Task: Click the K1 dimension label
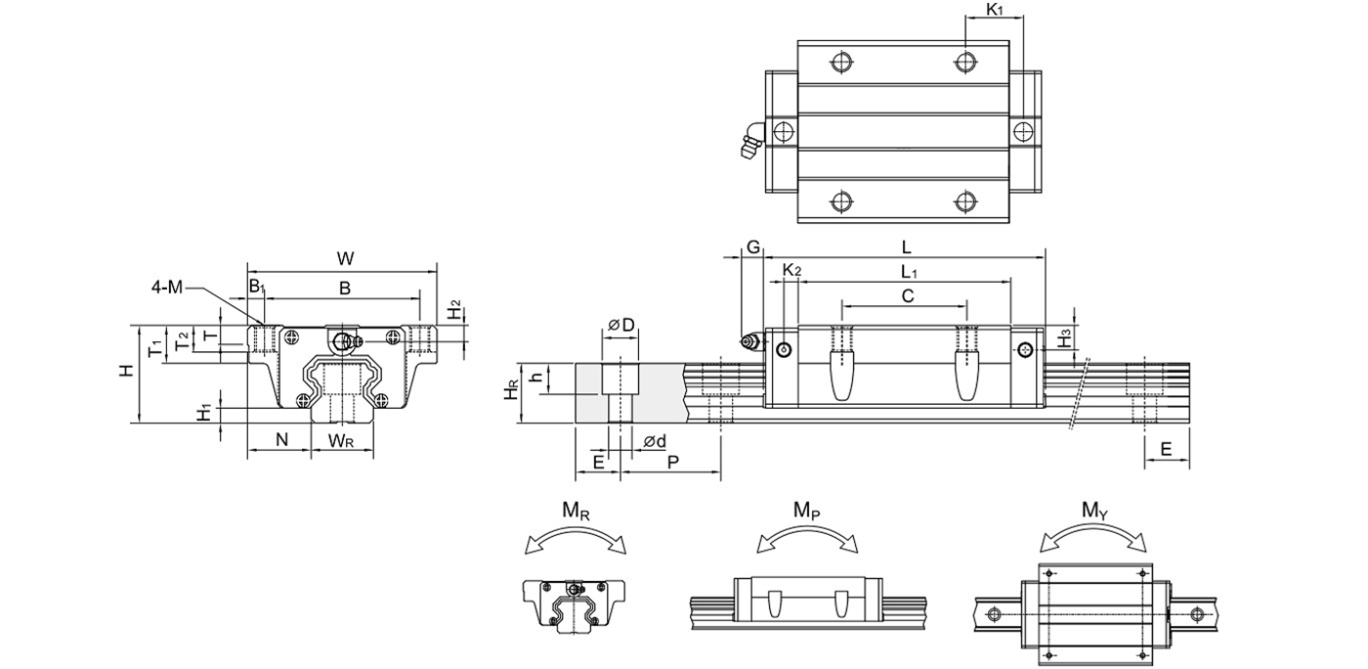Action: pyautogui.click(x=994, y=11)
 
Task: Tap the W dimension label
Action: pyautogui.click(x=345, y=259)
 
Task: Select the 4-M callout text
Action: pyautogui.click(x=167, y=288)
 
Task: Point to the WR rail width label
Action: pyautogui.click(x=341, y=440)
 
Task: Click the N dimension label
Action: pyautogui.click(x=281, y=440)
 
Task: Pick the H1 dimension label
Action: pyautogui.click(x=204, y=414)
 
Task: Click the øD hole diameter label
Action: pyautogui.click(x=621, y=324)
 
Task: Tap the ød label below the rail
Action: pyautogui.click(x=655, y=442)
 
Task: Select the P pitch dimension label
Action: pyautogui.click(x=673, y=462)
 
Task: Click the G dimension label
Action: pyautogui.click(x=752, y=247)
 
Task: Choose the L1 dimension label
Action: pyautogui.click(x=909, y=270)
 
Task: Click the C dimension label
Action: pyautogui.click(x=907, y=295)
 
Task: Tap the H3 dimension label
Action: pyautogui.click(x=1067, y=334)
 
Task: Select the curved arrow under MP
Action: pyautogui.click(x=807, y=537)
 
